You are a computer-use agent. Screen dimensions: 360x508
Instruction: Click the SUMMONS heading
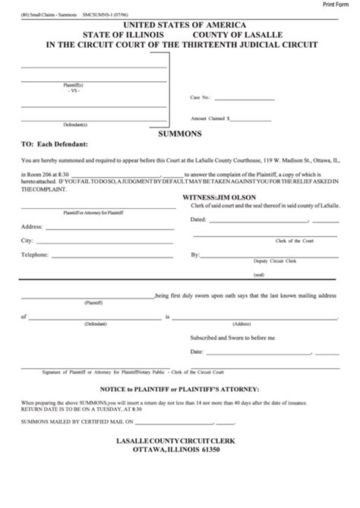click(x=179, y=131)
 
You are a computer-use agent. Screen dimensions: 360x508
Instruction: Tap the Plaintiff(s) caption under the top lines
click(x=74, y=85)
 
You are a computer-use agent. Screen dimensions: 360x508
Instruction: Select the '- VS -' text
click(x=74, y=91)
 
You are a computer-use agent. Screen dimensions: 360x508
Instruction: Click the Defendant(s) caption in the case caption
click(x=74, y=124)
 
